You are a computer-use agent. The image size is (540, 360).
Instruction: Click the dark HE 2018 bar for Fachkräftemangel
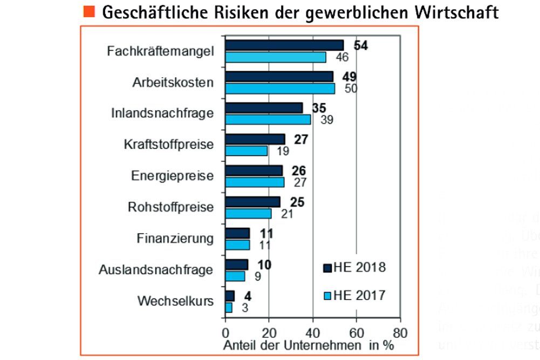click(x=284, y=45)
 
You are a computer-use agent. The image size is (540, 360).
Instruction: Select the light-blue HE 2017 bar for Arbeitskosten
click(x=280, y=89)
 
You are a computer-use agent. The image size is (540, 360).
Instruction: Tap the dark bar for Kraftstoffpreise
click(x=255, y=139)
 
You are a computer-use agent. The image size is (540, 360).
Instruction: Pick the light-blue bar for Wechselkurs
click(x=229, y=308)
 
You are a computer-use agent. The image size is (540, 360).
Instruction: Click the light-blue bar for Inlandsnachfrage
click(x=268, y=120)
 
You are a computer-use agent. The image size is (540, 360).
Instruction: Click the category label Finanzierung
click(x=175, y=238)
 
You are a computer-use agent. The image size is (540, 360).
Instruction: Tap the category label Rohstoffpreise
click(x=171, y=207)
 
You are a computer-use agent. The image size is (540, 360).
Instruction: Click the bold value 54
click(x=360, y=45)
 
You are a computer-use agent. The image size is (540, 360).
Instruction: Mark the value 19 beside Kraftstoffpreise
click(x=282, y=151)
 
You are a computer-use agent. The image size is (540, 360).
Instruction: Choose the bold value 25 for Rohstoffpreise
click(x=297, y=202)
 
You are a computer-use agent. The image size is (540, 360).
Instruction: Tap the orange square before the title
click(x=90, y=11)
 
